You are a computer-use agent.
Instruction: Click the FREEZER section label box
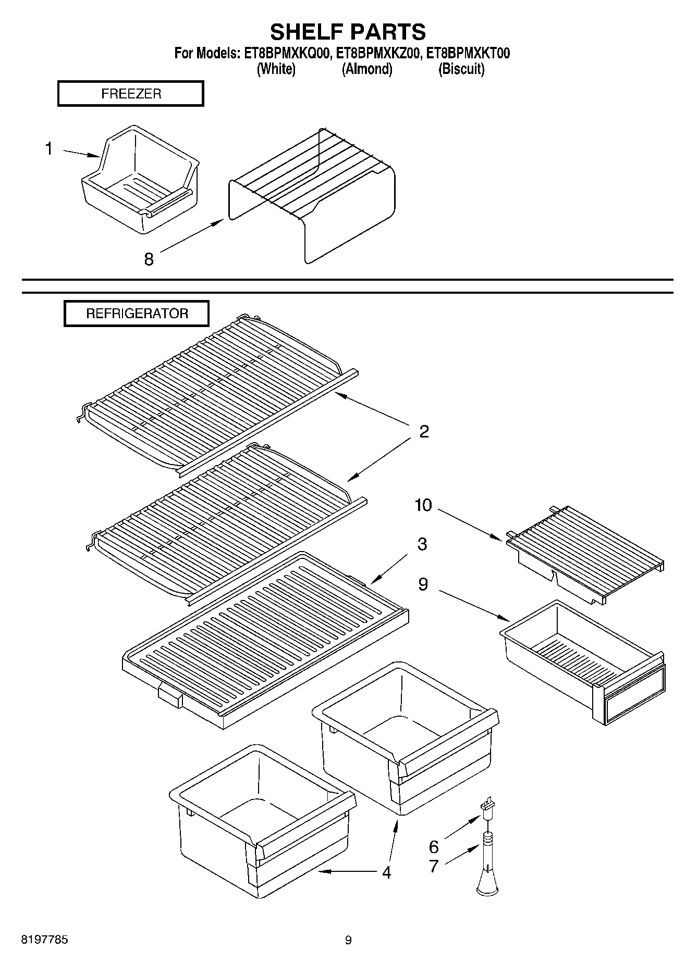[x=130, y=94]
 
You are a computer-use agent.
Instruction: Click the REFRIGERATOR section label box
[x=137, y=314]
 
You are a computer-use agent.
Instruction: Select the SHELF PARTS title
[x=348, y=32]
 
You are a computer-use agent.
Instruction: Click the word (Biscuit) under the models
[x=461, y=69]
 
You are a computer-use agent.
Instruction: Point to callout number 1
[x=48, y=149]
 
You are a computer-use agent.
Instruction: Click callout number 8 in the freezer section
[x=149, y=259]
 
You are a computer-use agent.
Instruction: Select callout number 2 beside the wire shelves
[x=424, y=431]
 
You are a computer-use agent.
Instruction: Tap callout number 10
[x=423, y=505]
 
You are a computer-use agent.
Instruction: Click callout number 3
[x=422, y=544]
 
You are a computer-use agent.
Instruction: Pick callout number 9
[x=423, y=584]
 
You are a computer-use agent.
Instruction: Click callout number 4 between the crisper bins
[x=386, y=872]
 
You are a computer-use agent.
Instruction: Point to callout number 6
[x=434, y=846]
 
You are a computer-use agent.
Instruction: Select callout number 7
[x=434, y=866]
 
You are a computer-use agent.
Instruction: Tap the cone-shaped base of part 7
[x=488, y=885]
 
